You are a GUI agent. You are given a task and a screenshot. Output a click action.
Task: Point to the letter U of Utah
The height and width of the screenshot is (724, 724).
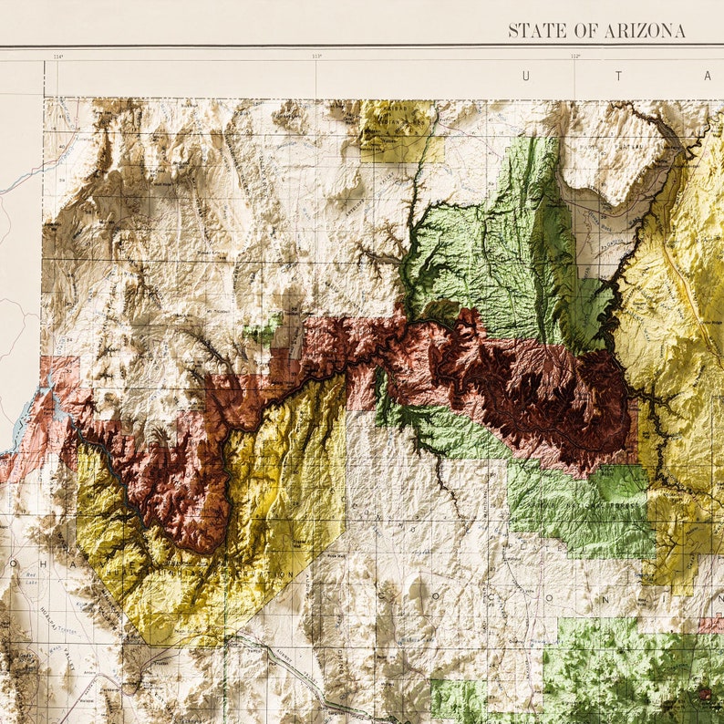pyautogui.click(x=524, y=77)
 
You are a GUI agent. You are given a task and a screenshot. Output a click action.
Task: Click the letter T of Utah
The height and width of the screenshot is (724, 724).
pyautogui.click(x=617, y=77)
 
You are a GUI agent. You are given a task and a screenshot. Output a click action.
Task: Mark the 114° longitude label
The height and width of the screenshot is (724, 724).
pyautogui.click(x=58, y=57)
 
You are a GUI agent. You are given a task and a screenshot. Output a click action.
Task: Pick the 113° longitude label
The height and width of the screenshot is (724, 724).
pyautogui.click(x=317, y=57)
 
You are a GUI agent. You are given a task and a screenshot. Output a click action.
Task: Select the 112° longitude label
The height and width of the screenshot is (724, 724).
pyautogui.click(x=575, y=57)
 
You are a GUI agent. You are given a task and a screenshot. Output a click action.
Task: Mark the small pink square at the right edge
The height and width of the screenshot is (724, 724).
pyautogui.click(x=711, y=625)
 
